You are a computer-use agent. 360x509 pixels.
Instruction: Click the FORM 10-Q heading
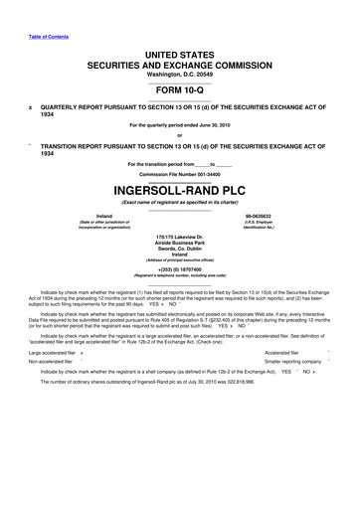tap(180, 84)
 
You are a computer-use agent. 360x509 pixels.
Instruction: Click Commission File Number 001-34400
tap(180, 172)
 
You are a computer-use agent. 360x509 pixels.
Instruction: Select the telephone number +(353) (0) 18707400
tap(180, 297)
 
